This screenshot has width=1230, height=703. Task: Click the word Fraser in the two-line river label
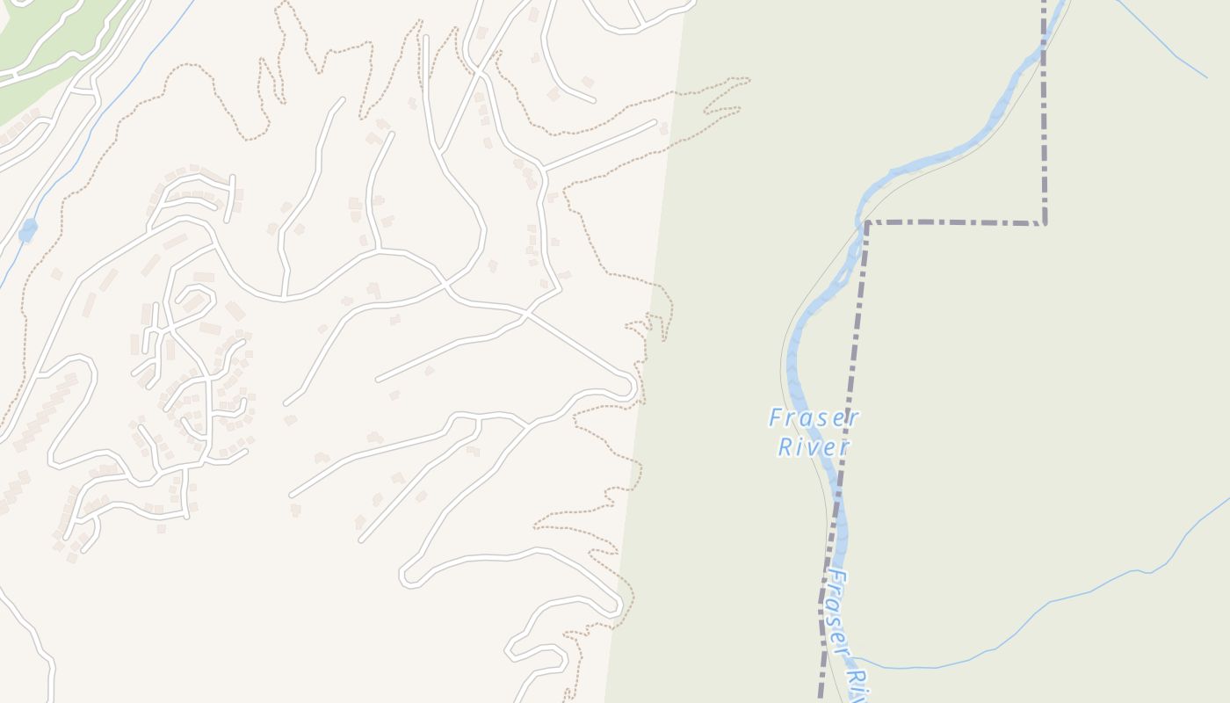[814, 418]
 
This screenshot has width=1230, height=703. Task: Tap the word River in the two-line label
[814, 447]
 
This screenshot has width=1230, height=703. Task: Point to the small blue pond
[28, 230]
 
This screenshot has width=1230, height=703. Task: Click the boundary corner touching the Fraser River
[867, 223]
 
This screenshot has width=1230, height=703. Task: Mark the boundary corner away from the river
[1045, 222]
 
